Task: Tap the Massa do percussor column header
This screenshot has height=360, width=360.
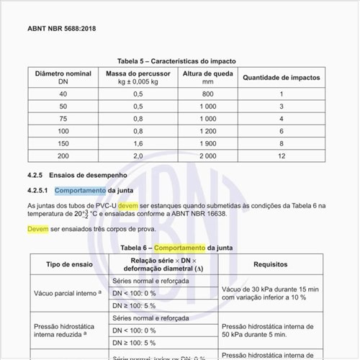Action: [135, 78]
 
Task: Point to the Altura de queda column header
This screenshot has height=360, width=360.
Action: [207, 78]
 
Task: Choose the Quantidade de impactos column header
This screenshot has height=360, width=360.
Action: [281, 78]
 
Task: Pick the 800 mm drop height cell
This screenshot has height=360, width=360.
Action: [207, 94]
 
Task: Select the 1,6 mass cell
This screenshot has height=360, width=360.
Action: [135, 143]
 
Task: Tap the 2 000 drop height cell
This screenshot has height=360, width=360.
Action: [207, 156]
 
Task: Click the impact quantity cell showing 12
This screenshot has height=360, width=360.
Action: [281, 156]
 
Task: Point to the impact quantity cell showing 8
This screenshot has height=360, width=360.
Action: [281, 143]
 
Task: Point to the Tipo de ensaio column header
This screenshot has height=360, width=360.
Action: [70, 264]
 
